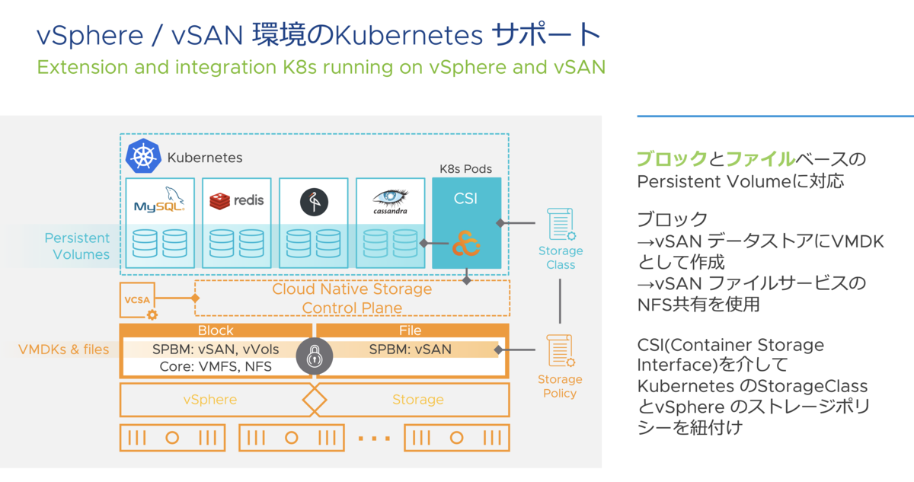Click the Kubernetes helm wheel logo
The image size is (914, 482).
pyautogui.click(x=143, y=156)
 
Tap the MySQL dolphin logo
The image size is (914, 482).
pyautogui.click(x=159, y=200)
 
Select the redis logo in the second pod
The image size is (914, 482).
pyautogui.click(x=237, y=201)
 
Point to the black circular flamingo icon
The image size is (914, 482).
pyautogui.click(x=314, y=202)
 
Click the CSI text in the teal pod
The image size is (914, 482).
pyautogui.click(x=465, y=199)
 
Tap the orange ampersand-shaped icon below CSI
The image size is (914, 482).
pyautogui.click(x=466, y=244)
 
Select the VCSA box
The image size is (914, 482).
pyautogui.click(x=138, y=300)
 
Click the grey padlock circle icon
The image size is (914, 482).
pyautogui.click(x=314, y=356)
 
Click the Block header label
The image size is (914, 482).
pyautogui.click(x=216, y=330)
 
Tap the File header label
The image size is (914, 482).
pyautogui.click(x=410, y=330)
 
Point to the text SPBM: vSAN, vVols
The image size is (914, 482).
pyautogui.click(x=216, y=350)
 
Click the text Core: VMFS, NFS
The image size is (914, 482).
pyautogui.click(x=216, y=366)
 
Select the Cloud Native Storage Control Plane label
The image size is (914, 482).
pyautogui.click(x=352, y=298)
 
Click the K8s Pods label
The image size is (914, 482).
pyautogui.click(x=465, y=169)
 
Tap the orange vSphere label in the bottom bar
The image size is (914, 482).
pyautogui.click(x=209, y=399)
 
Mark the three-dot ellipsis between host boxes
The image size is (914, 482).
pyautogui.click(x=374, y=439)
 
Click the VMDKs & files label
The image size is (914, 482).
pyautogui.click(x=64, y=350)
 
